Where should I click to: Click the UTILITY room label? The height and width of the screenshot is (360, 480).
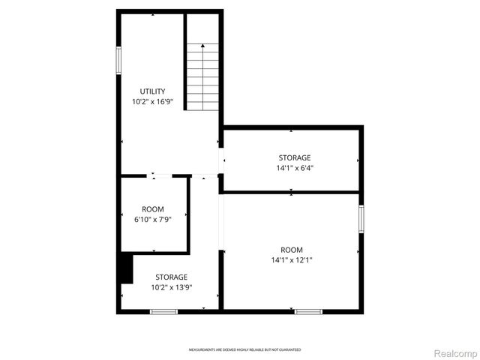click(x=152, y=91)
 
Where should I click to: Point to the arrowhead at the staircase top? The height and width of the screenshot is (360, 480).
click(x=202, y=46)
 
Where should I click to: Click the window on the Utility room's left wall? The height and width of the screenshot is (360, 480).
click(x=118, y=60)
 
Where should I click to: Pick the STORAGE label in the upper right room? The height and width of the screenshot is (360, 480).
click(x=295, y=157)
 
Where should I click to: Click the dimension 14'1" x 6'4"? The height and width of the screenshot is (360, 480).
click(x=295, y=168)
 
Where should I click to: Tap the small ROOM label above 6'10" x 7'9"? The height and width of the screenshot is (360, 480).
click(x=153, y=209)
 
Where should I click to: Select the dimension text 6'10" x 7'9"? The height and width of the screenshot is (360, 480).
click(x=153, y=219)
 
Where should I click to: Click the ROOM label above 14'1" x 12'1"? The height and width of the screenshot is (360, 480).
click(x=292, y=250)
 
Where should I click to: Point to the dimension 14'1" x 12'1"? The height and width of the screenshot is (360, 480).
click(x=292, y=260)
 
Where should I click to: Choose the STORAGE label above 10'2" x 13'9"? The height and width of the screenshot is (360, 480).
click(x=172, y=277)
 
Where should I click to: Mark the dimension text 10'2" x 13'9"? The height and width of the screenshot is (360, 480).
click(x=172, y=286)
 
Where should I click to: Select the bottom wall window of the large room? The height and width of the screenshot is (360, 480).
click(x=308, y=310)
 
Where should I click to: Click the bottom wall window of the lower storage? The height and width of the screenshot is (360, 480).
click(x=163, y=310)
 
